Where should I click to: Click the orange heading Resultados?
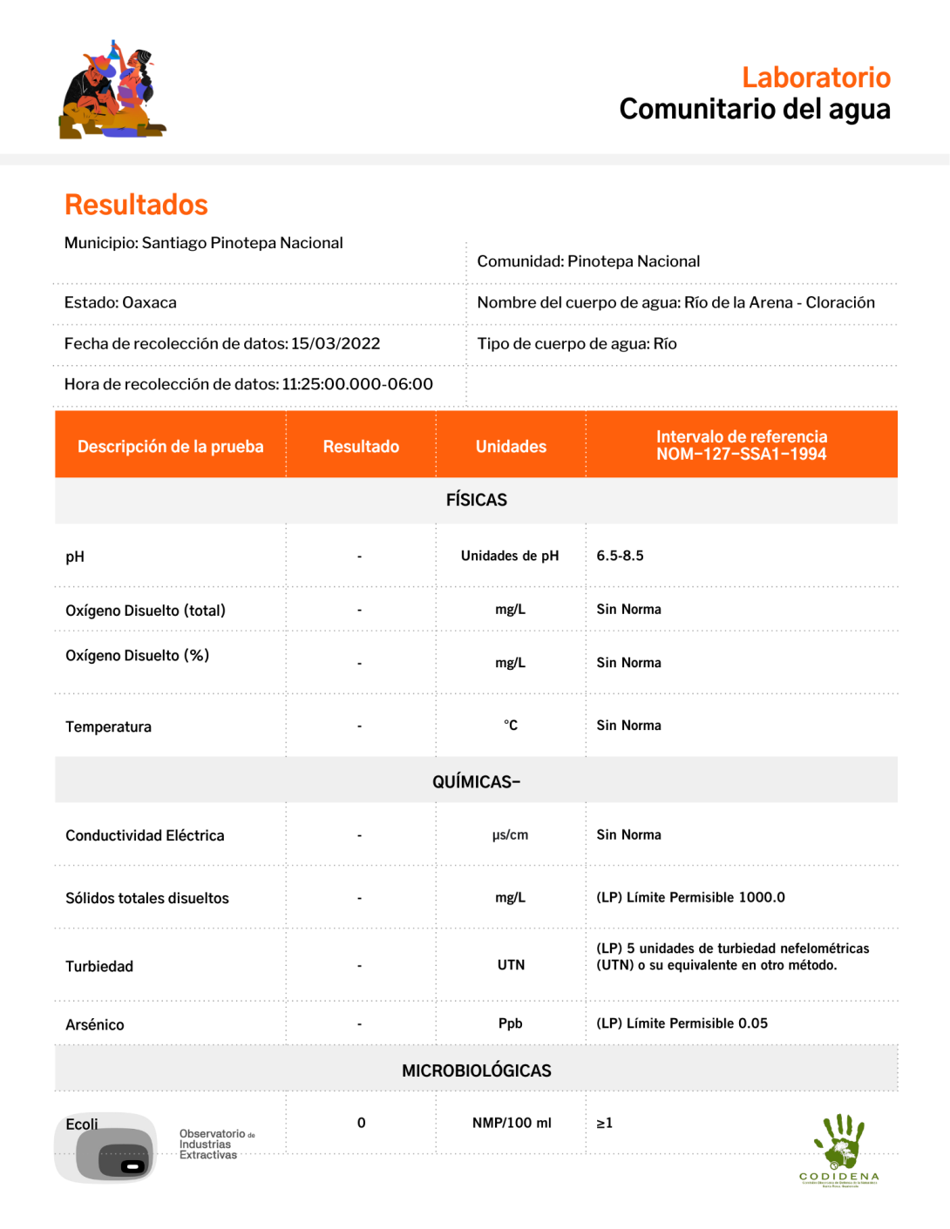click(136, 205)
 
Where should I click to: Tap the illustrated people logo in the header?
click(112, 91)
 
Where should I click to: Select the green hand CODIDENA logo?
click(838, 1149)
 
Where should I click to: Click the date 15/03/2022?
click(336, 343)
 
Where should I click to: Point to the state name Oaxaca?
click(149, 302)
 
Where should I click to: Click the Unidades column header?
click(511, 446)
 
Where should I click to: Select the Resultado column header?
click(361, 446)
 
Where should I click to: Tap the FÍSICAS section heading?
click(476, 500)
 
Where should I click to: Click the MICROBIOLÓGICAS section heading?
click(476, 1070)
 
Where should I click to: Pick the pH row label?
click(75, 557)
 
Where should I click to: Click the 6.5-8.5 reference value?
click(620, 556)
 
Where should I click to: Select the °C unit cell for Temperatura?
click(511, 726)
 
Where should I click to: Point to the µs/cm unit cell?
click(510, 834)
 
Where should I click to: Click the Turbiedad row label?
click(99, 966)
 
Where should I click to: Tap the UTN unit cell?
click(511, 965)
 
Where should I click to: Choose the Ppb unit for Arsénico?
click(511, 1023)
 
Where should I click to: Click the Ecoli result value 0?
click(361, 1123)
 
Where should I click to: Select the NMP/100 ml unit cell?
click(512, 1123)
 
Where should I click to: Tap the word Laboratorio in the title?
click(816, 78)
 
